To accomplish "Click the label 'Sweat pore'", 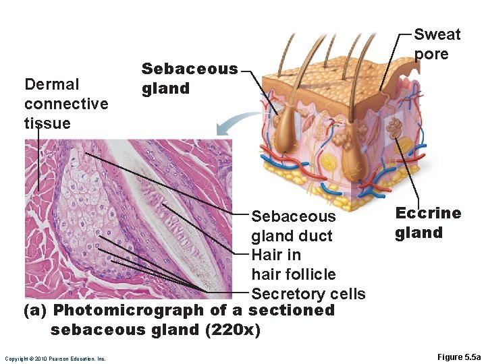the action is click(x=437, y=44).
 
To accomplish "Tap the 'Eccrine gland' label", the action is click(x=428, y=223).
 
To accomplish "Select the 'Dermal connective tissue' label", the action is click(x=66, y=103).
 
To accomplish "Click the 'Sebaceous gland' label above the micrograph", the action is click(x=189, y=78).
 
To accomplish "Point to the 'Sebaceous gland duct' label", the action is click(x=293, y=226).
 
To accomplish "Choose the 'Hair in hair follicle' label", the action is click(x=293, y=264).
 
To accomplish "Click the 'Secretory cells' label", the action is click(x=308, y=294).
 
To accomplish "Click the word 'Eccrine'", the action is click(x=428, y=214).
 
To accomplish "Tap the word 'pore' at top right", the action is click(x=432, y=54).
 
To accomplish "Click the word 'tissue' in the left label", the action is click(x=47, y=123).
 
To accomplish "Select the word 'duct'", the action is click(x=317, y=236).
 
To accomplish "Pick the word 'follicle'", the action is click(x=310, y=274).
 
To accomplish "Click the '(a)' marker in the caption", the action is click(x=35, y=310).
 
